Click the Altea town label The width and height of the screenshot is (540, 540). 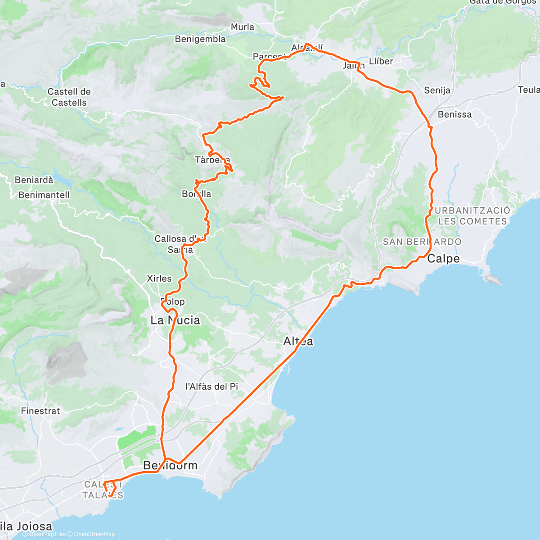pos(298,342)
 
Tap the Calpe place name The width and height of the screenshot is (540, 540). pos(443,259)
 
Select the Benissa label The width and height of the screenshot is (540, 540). pos(454,114)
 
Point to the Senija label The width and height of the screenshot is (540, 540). pos(437,90)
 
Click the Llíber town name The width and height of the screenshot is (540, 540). pos(381,61)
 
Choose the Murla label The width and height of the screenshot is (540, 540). pos(242,27)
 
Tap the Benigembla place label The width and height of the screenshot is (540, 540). pos(200,39)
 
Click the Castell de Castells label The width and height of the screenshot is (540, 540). pos(69,97)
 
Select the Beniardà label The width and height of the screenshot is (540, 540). pos(34,180)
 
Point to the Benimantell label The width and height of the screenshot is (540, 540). pos(44,195)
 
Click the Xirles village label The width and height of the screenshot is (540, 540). pos(159,279)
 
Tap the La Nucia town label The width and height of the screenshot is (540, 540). pos(175,320)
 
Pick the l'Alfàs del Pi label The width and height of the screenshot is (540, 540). pos(212,386)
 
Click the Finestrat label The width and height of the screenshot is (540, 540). pos(40,411)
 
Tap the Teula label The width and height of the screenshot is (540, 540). pos(529,90)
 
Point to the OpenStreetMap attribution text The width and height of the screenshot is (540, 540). pos(94,534)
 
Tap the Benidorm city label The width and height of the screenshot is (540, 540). pos(170,465)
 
